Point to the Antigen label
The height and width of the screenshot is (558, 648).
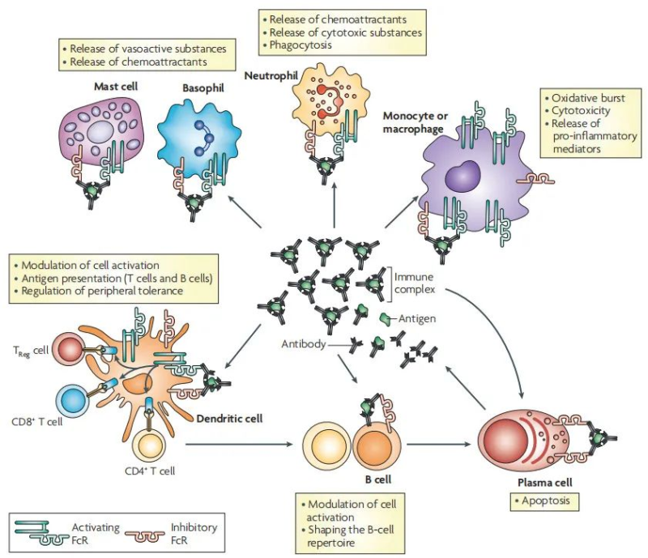417,319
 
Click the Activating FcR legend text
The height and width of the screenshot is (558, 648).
97,533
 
